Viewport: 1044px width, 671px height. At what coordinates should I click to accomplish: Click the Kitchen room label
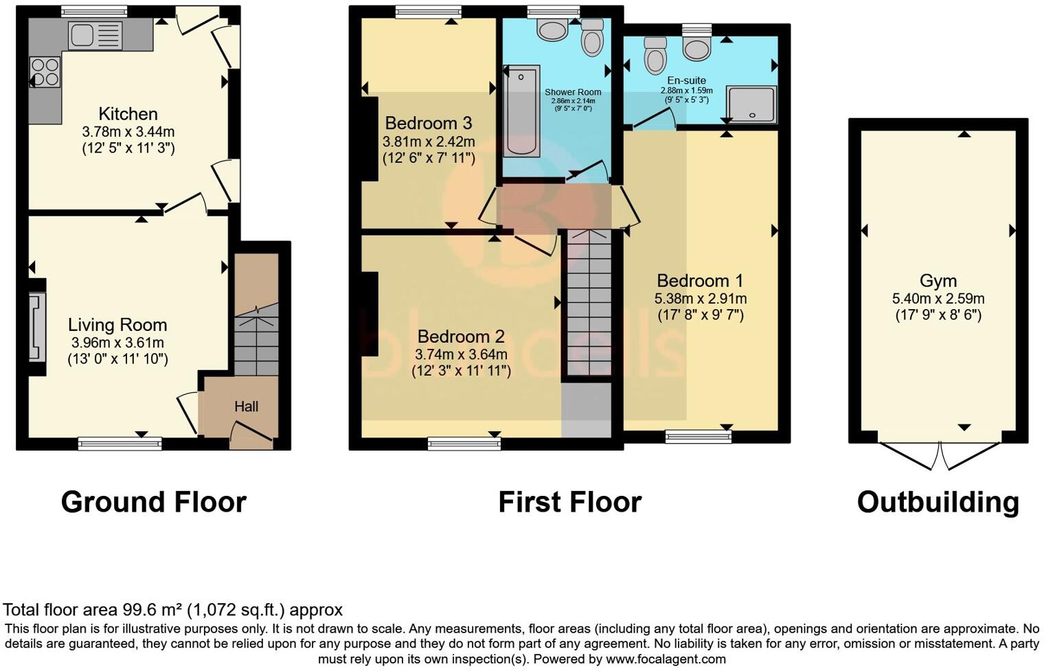[128, 114]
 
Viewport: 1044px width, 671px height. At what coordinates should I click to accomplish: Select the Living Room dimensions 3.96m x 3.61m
[117, 342]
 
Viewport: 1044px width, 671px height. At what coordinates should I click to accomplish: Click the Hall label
[246, 407]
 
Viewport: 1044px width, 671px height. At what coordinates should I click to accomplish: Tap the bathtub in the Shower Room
[521, 111]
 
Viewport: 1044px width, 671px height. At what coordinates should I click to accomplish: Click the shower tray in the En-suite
[751, 105]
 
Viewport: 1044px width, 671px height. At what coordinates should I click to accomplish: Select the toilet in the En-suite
[655, 55]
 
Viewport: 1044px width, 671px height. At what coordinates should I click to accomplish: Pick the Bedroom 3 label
[428, 124]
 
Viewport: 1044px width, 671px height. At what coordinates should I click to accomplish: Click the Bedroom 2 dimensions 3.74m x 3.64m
[461, 354]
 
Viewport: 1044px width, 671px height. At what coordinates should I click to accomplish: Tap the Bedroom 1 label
[700, 281]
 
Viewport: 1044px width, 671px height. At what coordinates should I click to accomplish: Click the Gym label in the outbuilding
[938, 281]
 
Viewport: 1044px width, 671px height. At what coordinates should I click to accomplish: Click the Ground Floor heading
[153, 502]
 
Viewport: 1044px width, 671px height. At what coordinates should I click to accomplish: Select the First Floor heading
[569, 502]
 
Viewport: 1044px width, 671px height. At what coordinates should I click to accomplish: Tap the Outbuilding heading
[938, 502]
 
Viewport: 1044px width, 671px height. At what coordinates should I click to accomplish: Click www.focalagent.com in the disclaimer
[665, 659]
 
